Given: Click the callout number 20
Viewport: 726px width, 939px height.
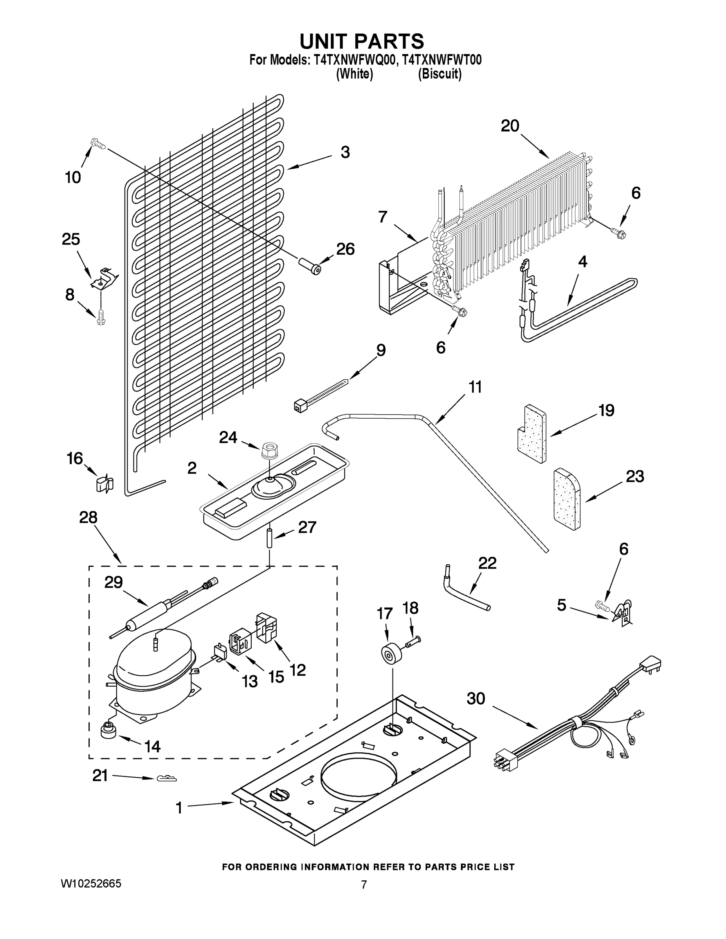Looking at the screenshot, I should tap(510, 126).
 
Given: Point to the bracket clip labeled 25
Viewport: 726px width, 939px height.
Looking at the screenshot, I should tap(104, 278).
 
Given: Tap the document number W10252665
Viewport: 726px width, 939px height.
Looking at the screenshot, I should tap(91, 883).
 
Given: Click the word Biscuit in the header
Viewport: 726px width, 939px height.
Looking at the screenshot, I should tap(440, 74).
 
